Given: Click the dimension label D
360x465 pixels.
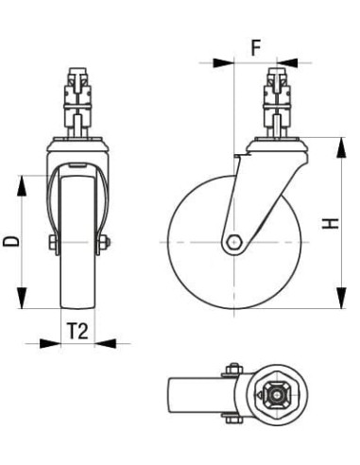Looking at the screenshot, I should [11, 241].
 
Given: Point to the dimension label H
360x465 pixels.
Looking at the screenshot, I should [330, 223].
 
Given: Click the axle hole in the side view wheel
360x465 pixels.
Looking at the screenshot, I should [232, 242].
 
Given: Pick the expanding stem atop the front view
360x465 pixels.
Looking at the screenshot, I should [78, 99].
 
